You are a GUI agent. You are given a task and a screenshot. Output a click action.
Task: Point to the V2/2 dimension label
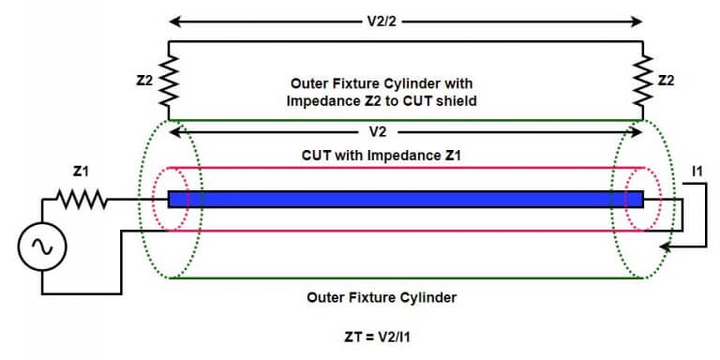(x=405, y=18)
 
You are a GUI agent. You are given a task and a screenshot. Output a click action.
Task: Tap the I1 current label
(x=697, y=172)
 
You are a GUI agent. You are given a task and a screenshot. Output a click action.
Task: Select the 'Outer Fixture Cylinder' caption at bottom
(x=383, y=297)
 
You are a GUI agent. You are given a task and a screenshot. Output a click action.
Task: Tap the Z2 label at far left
(x=143, y=82)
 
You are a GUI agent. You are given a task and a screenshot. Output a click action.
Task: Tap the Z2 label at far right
(x=666, y=82)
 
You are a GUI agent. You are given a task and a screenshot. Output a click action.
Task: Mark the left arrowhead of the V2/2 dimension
(x=173, y=18)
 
